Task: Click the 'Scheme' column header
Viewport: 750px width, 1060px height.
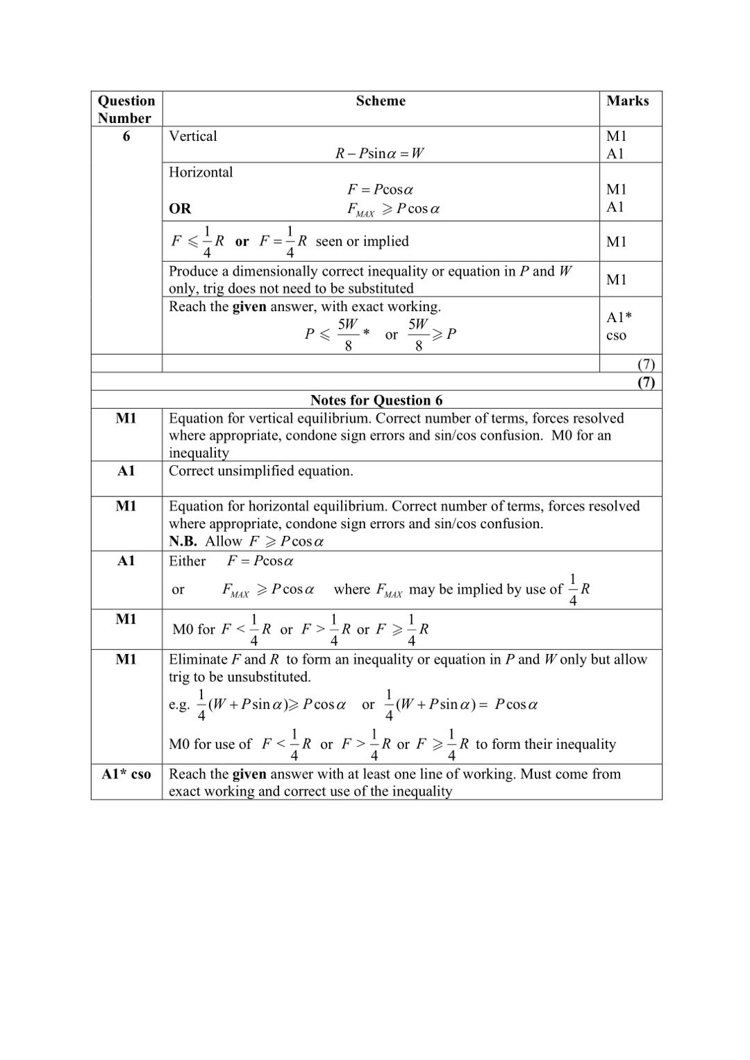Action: (x=381, y=101)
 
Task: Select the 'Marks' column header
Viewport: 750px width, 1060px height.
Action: (x=627, y=101)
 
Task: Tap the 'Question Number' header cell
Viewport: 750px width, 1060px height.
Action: (x=126, y=109)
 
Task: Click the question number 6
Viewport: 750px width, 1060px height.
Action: (x=126, y=136)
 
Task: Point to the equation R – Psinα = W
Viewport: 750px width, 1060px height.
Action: (x=379, y=153)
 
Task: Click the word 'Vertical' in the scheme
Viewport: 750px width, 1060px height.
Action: (x=193, y=136)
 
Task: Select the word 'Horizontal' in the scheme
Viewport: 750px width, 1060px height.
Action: (x=201, y=172)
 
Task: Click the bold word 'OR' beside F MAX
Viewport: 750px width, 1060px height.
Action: (x=180, y=208)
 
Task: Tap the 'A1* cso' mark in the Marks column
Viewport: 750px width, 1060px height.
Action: (x=618, y=326)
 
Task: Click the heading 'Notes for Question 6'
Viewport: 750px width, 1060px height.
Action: (x=376, y=400)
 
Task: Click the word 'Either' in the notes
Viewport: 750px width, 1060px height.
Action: (x=187, y=561)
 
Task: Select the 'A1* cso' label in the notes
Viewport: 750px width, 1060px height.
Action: (x=126, y=774)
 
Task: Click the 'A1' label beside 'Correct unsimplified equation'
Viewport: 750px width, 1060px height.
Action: (x=126, y=471)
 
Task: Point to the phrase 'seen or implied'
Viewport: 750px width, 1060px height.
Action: (x=362, y=241)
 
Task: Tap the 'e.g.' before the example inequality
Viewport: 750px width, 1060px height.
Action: (x=179, y=705)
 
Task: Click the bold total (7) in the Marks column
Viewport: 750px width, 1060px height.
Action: (x=646, y=382)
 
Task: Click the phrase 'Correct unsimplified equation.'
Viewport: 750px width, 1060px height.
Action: (x=261, y=471)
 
